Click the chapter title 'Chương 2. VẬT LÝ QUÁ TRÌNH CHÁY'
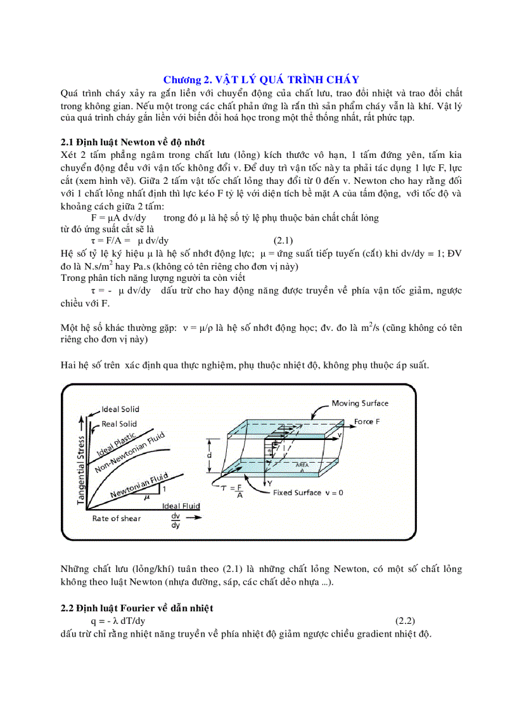pyautogui.click(x=261, y=79)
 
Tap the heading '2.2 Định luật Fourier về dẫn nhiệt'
pyautogui.click(x=137, y=608)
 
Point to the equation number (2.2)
pyautogui.click(x=405, y=621)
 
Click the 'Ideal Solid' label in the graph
pyautogui.click(x=120, y=409)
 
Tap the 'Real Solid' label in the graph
pyautogui.click(x=119, y=424)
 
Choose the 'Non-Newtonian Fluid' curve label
pyautogui.click(x=131, y=454)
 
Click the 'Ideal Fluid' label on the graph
pyautogui.click(x=181, y=505)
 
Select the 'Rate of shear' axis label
pyautogui.click(x=117, y=518)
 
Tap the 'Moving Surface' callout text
pyautogui.click(x=360, y=403)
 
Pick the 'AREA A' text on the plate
pyautogui.click(x=302, y=467)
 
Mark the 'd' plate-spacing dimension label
pyautogui.click(x=208, y=456)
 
